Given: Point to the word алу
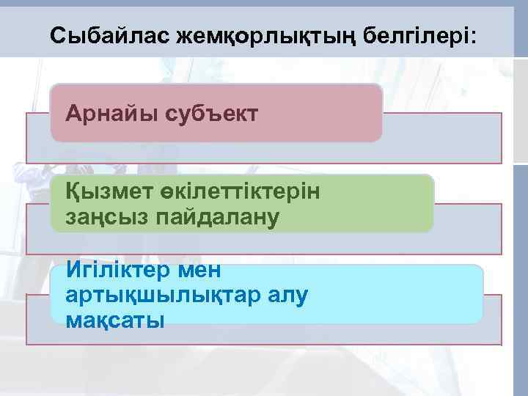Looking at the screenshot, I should (282, 296).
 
